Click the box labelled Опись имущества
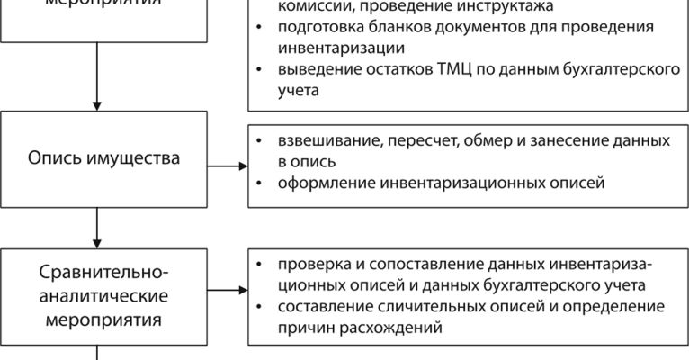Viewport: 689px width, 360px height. coord(95,159)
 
